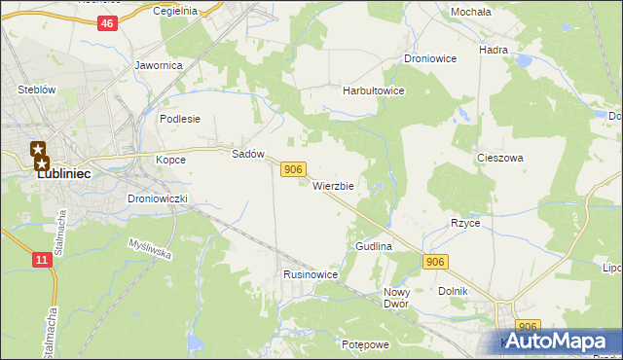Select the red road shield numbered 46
(x=107, y=23)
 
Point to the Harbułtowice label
(x=373, y=90)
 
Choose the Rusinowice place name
(x=311, y=275)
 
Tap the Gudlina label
(x=373, y=247)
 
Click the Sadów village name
(x=248, y=154)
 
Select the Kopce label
(x=170, y=158)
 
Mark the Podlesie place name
(x=179, y=119)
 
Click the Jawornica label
(x=159, y=66)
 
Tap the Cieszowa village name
(x=500, y=157)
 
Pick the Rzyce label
(x=465, y=223)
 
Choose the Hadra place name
(x=495, y=48)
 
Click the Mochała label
(x=470, y=12)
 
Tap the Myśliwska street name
(x=149, y=251)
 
